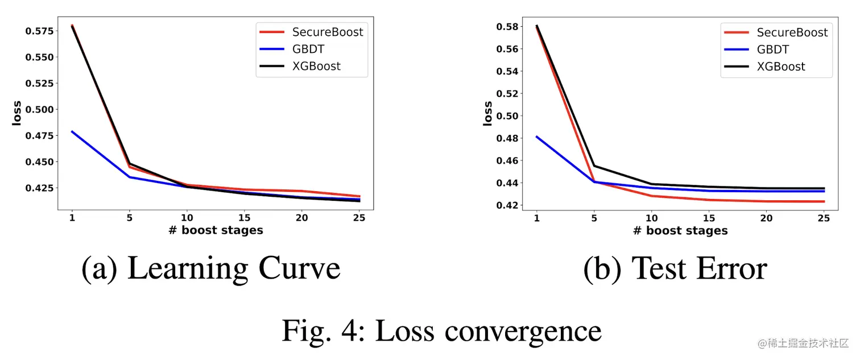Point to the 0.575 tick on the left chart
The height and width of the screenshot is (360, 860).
coord(40,31)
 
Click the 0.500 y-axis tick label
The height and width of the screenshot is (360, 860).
coord(40,109)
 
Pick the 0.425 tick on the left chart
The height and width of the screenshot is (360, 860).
coord(40,188)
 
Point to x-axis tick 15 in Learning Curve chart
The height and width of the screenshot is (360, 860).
coord(245,218)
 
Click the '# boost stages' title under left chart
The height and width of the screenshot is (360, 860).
coord(216,230)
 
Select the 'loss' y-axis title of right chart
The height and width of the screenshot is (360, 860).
coord(487,113)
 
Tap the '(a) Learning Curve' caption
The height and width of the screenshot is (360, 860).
coord(211,268)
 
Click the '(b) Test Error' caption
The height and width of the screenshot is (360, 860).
coord(675,268)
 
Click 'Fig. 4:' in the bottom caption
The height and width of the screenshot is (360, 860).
coord(322,330)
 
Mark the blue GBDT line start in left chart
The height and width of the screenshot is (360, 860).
coord(72,131)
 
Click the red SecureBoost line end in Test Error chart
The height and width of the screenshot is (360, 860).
coord(824,201)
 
